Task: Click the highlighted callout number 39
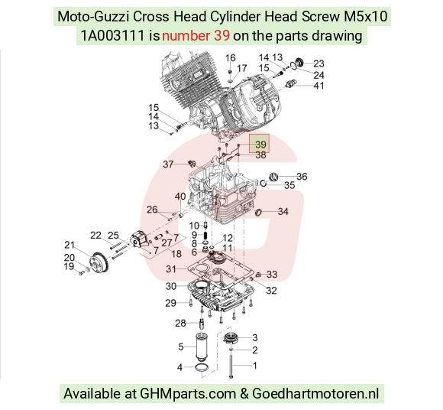[260, 145]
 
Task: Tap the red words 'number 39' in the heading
[196, 36]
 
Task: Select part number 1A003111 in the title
[113, 36]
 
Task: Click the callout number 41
[319, 86]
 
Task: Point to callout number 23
[319, 63]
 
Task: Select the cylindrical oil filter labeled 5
[202, 347]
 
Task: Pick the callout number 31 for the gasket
[171, 268]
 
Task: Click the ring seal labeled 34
[258, 212]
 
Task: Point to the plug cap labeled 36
[273, 177]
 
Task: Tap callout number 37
[168, 164]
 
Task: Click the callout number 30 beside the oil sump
[171, 286]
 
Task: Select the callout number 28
[180, 323]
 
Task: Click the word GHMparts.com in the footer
[188, 394]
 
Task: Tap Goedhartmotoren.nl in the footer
[315, 394]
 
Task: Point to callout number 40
[180, 196]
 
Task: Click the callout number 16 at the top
[230, 58]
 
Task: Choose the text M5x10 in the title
[366, 16]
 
